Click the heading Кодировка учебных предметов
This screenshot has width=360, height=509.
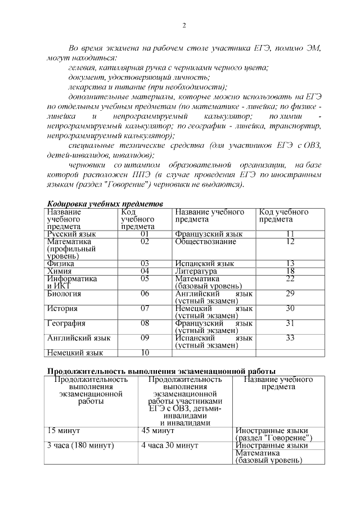pos(105,203)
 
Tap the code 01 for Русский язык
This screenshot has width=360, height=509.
pos(145,233)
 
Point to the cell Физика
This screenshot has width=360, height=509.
pos(61,263)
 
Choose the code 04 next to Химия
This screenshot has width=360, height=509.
pos(145,271)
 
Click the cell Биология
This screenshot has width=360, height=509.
pos(64,293)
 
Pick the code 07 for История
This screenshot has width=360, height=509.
pos(145,308)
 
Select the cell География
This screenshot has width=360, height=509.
pos(66,323)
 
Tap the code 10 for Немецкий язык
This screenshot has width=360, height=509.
pos(145,353)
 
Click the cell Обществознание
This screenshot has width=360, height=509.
pos(205,241)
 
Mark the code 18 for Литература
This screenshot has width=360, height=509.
pos(290,271)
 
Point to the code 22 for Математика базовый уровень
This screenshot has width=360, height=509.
pos(290,278)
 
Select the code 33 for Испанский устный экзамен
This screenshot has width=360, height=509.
pos(290,338)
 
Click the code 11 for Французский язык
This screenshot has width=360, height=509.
pos(290,233)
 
